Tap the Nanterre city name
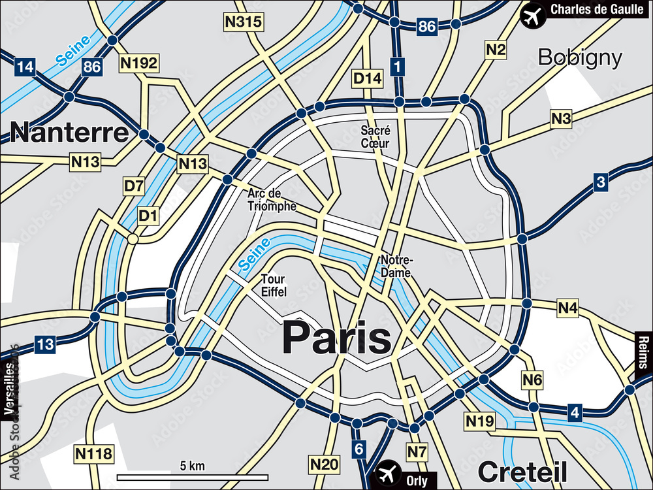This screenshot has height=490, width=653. tap(70, 133)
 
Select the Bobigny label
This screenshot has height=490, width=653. tap(580, 57)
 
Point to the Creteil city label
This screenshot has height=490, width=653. tap(522, 470)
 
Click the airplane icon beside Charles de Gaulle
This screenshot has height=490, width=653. tap(534, 14)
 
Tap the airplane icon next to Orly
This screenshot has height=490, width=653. tap(389, 472)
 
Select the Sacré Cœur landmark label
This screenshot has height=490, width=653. tap(375, 137)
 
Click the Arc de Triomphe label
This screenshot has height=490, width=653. tap(272, 200)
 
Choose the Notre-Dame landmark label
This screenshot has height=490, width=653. tap(396, 267)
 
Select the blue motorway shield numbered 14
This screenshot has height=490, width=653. tap(25, 66)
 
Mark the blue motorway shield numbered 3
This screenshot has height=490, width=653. tap(601, 182)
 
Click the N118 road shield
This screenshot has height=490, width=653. tap(94, 453)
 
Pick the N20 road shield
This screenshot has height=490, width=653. tap(325, 465)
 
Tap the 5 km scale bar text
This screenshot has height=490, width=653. tap(192, 466)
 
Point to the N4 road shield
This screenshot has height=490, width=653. tap(567, 307)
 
